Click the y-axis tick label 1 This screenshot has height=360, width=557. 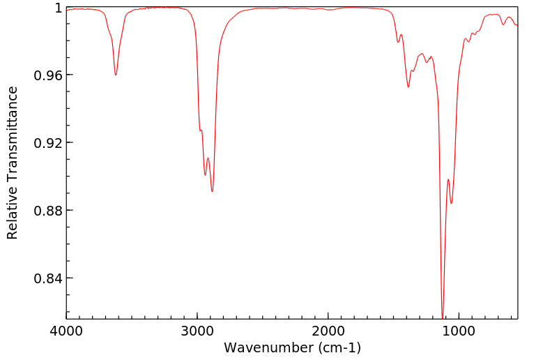tap(59, 8)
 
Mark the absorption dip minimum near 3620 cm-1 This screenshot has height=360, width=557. tap(116, 75)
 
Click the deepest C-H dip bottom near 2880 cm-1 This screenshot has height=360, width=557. tap(213, 192)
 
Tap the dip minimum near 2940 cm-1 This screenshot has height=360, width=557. tap(205, 174)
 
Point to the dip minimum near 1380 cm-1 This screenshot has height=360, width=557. tap(409, 87)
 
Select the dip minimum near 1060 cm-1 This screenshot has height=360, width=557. tap(452, 203)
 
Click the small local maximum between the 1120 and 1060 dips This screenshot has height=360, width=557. tap(448, 179)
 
